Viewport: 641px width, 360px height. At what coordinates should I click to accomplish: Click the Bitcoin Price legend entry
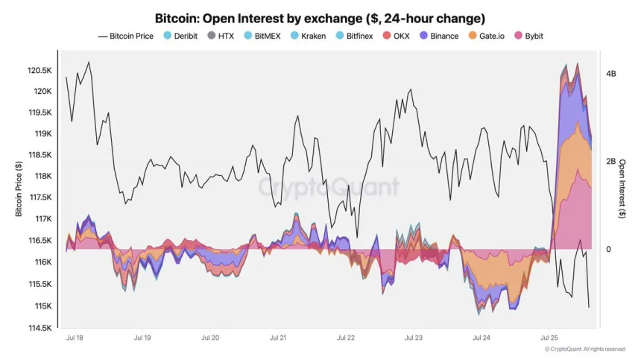(125, 36)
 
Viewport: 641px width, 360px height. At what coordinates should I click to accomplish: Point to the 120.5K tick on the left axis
(40, 70)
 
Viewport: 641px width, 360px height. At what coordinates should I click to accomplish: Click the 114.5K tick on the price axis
(40, 328)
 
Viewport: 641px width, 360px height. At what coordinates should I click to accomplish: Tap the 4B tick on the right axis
(611, 74)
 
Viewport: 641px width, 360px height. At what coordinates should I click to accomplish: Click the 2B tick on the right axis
(611, 161)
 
